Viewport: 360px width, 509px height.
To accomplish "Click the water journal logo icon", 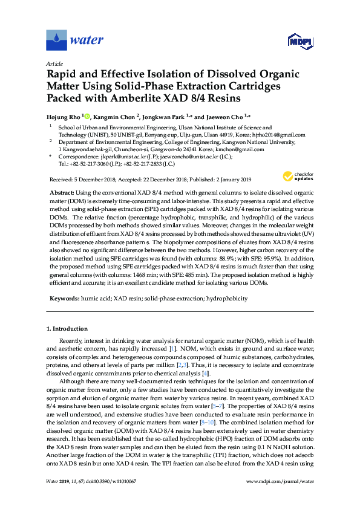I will click(x=56, y=41).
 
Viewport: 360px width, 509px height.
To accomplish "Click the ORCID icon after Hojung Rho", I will click(x=88, y=115).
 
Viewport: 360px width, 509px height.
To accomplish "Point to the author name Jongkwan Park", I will click(x=165, y=115).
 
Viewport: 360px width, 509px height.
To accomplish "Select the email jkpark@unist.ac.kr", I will click(x=119, y=156).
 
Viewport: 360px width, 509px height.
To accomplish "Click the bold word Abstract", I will click(x=61, y=190).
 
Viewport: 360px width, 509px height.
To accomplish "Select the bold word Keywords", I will click(x=63, y=299).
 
